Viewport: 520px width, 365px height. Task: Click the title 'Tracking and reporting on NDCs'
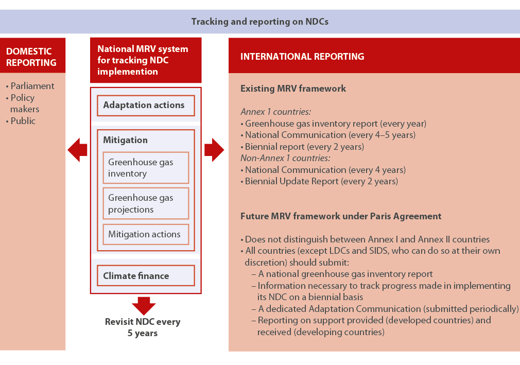[259, 22]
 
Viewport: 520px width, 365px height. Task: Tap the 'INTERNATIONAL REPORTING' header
[302, 57]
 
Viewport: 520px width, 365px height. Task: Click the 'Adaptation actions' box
[146, 105]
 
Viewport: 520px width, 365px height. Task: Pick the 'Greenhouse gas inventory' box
[146, 168]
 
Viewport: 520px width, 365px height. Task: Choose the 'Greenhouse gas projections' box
[146, 203]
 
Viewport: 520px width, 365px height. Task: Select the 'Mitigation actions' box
[146, 234]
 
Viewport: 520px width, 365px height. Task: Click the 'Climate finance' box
[146, 276]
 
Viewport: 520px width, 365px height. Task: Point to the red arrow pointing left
[77, 150]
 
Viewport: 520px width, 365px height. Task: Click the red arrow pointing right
[214, 150]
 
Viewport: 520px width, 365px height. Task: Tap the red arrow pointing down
[144, 305]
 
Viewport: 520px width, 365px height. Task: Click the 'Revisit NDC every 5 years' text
[143, 327]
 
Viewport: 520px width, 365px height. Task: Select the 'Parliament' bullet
[32, 86]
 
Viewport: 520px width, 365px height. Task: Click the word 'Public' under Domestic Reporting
[23, 121]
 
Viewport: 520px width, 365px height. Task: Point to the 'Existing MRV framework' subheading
[293, 89]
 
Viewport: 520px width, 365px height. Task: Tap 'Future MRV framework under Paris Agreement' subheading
[341, 216]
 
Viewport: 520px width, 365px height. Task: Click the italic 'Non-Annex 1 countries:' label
[285, 158]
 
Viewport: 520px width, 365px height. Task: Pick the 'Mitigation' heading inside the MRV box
[125, 140]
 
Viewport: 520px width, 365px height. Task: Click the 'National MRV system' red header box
[146, 60]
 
